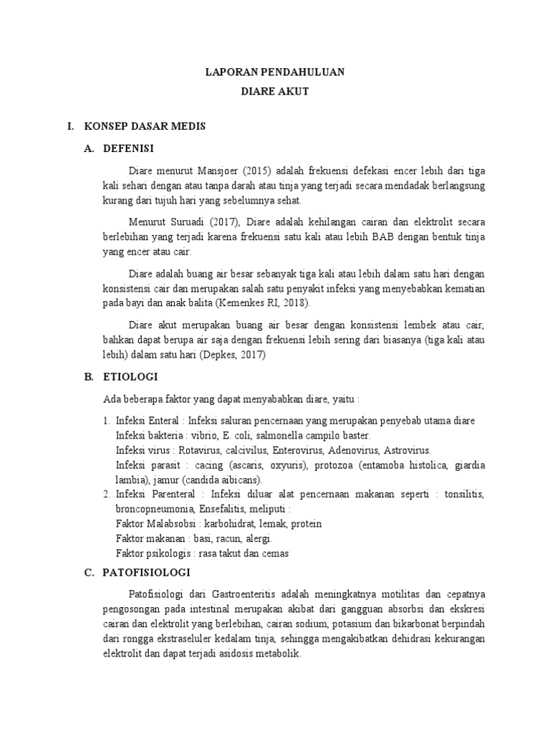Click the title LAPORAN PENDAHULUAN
click(275, 72)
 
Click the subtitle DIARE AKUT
click(275, 92)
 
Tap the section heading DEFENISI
click(129, 149)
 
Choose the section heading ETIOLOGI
click(130, 376)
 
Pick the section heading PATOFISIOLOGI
click(146, 573)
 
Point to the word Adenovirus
click(349, 450)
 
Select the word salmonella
click(263, 435)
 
